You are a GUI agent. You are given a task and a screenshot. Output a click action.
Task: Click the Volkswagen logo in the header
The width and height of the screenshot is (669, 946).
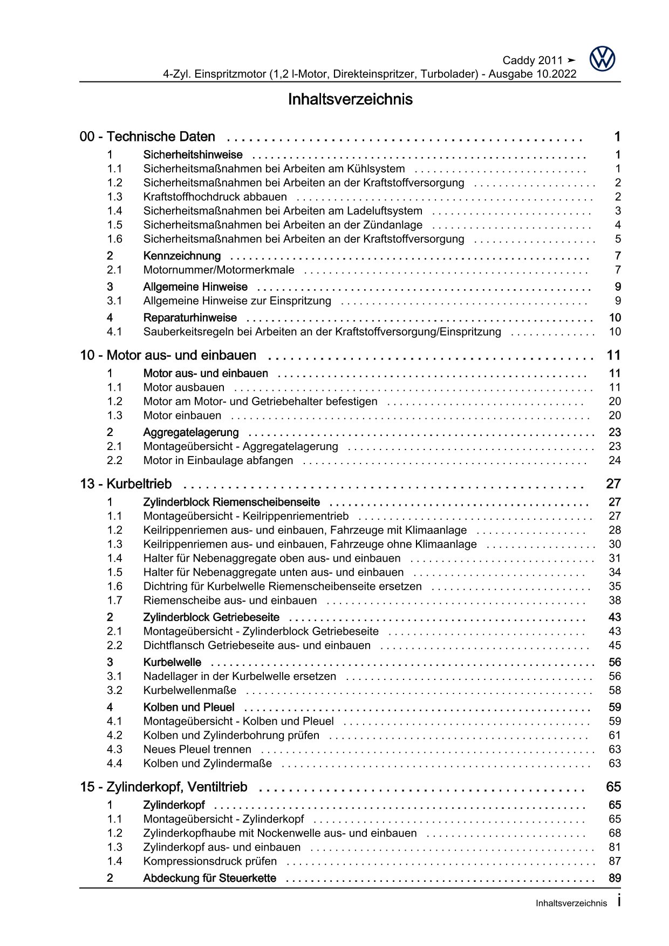tap(602, 59)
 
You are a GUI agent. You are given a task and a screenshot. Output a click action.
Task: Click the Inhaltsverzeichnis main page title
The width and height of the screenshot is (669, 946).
tap(350, 100)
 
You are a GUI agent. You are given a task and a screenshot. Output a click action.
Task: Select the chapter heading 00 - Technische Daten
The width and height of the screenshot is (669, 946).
tap(147, 137)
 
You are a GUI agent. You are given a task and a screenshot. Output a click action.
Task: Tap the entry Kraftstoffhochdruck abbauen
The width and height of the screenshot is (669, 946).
tap(215, 197)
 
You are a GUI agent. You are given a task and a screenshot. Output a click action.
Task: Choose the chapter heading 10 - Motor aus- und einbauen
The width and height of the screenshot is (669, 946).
tap(168, 356)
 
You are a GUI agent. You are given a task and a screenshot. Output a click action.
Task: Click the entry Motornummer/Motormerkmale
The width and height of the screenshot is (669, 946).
tap(219, 270)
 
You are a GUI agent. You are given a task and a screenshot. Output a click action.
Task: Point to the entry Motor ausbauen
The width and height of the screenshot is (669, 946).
tap(183, 387)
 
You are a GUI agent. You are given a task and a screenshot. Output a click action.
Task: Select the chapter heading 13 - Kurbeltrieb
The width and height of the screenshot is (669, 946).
tap(126, 484)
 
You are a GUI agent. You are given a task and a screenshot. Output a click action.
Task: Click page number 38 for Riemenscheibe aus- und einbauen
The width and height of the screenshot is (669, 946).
tap(615, 601)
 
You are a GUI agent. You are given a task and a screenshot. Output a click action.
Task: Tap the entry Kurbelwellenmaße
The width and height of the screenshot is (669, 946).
tap(189, 690)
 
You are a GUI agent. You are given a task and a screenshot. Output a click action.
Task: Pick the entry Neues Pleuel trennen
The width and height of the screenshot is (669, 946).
tap(197, 750)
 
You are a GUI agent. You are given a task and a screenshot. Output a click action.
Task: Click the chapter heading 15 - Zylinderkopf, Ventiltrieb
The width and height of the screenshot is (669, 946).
tap(163, 787)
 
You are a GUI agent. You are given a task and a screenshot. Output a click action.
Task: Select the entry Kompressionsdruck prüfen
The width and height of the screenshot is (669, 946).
tap(210, 861)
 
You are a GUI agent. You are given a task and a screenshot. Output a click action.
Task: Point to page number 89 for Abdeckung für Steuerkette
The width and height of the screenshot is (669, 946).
tap(615, 878)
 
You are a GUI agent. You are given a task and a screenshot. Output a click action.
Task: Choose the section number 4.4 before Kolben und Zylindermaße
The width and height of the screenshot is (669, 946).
tap(114, 764)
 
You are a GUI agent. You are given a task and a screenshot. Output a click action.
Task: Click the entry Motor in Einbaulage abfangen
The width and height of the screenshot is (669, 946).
tap(218, 460)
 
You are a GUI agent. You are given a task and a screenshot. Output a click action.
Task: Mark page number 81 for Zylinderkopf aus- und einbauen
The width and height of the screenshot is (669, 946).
tap(615, 847)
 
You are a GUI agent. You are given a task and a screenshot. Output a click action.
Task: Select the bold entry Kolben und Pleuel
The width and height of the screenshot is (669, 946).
tap(188, 707)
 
